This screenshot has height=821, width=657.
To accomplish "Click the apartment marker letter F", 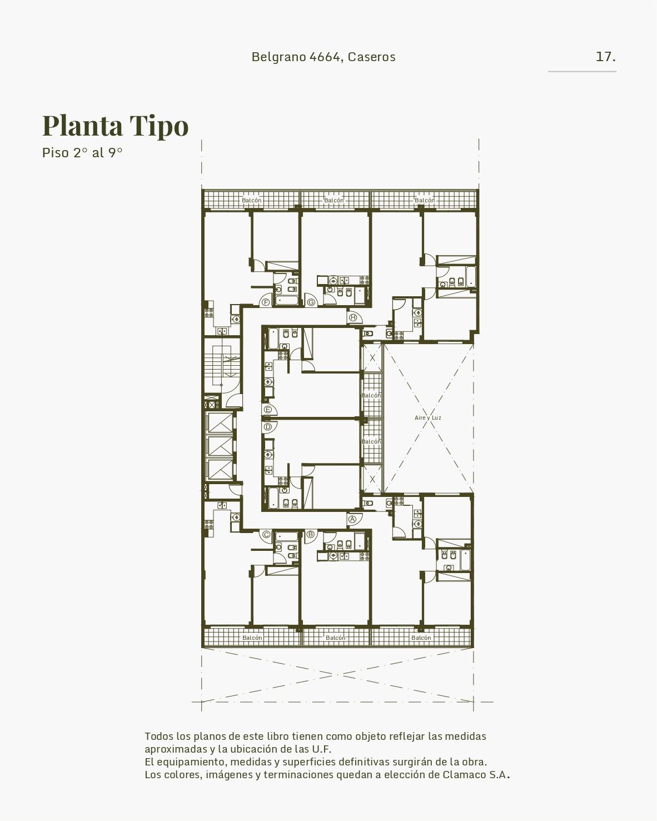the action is [266, 302].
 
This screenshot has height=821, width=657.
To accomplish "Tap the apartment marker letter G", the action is [311, 302].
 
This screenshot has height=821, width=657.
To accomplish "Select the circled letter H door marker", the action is [353, 317].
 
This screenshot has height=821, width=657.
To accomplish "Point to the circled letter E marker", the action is [268, 410].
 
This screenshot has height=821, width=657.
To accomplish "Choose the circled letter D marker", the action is [268, 427].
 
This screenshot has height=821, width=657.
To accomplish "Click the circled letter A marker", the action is [352, 519].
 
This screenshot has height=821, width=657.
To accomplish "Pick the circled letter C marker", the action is [266, 535].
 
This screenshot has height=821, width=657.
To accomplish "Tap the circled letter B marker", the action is [310, 534].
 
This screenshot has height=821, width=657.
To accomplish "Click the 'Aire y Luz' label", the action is [427, 418].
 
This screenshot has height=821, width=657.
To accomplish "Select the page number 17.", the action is [605, 57].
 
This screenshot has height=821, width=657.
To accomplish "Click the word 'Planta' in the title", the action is [82, 125].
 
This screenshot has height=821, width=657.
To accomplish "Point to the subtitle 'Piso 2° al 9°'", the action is [82, 153].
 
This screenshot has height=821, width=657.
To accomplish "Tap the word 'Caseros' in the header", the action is [372, 57].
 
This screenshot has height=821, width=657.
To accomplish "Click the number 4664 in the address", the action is [324, 57].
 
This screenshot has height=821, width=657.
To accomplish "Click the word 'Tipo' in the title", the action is [159, 126].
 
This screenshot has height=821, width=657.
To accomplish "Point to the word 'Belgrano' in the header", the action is [279, 57].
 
